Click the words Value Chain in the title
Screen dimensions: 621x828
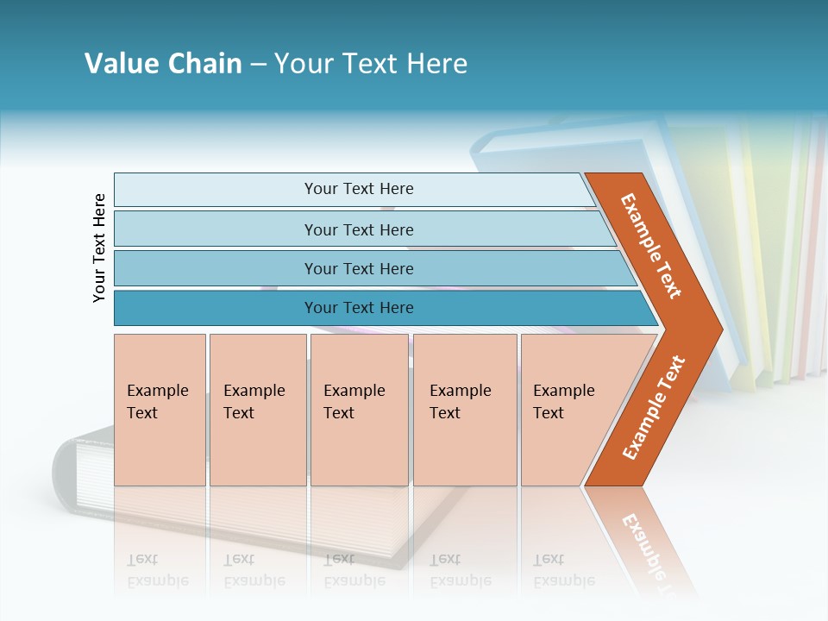coord(163,64)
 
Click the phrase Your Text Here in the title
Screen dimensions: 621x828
coord(371,64)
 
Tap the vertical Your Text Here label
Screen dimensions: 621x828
coord(99,248)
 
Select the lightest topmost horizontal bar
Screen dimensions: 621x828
coord(354,189)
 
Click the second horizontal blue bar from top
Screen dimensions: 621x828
coord(359,229)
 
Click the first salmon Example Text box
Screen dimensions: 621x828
coord(160,409)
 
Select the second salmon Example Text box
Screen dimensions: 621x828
coord(257,409)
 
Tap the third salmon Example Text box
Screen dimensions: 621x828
coord(358,409)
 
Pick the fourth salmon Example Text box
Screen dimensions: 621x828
coord(464,409)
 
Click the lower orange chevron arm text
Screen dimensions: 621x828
coord(654,407)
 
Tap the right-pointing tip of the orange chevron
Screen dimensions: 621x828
coord(716,329)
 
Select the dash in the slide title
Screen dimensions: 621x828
coord(258,65)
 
